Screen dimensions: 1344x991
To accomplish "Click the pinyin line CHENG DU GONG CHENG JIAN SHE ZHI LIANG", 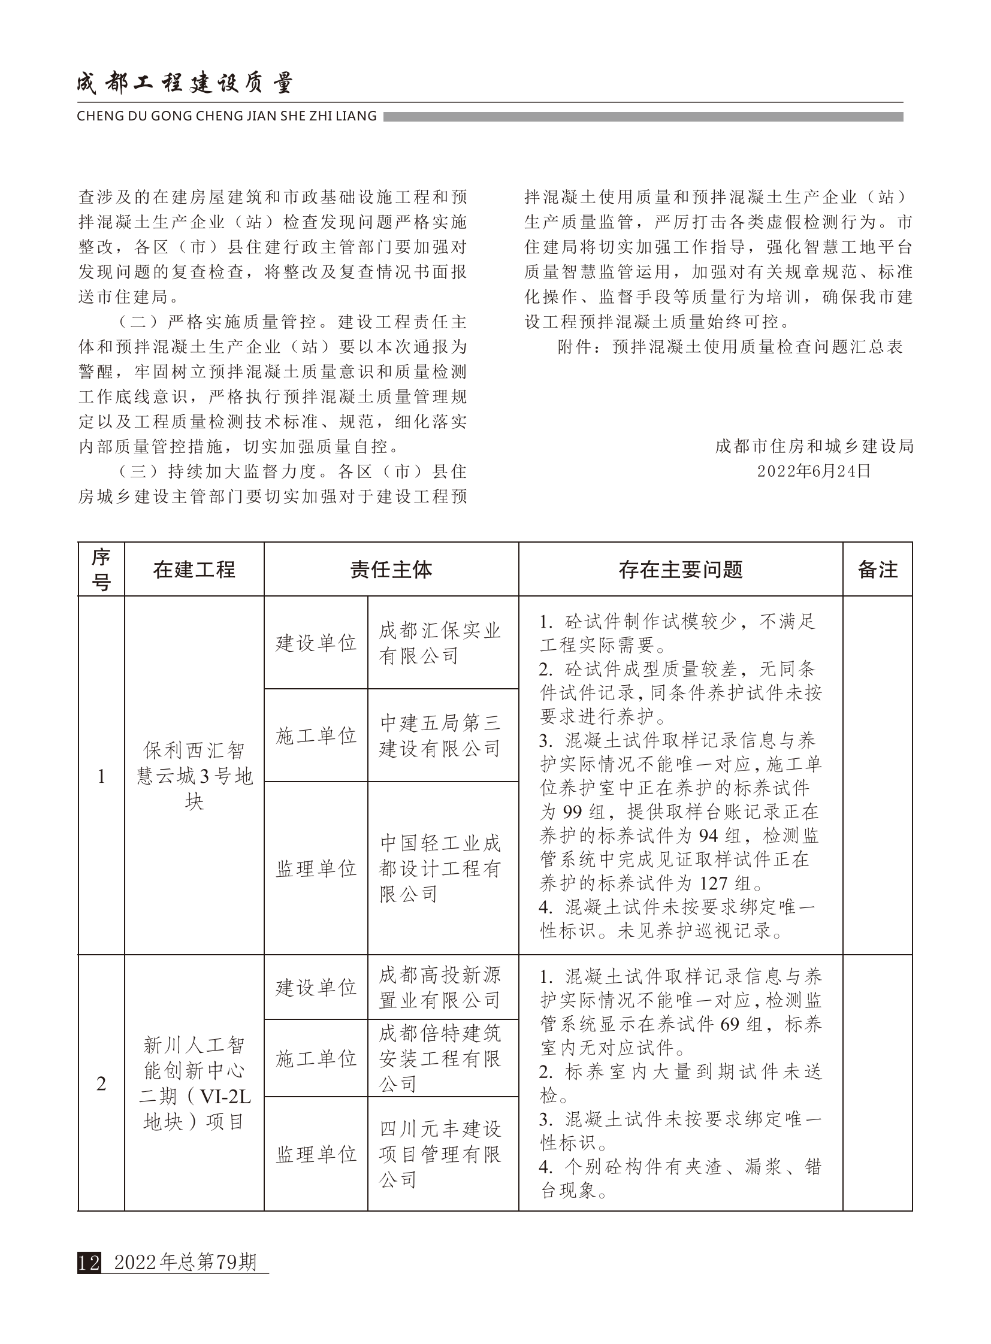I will coord(226,116).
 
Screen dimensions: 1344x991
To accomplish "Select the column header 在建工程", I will coord(194,570).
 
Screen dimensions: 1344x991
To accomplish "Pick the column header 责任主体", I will coord(391,570).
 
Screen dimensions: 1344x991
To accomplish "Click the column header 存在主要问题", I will coord(680,570).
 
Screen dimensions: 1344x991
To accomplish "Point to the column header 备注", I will coord(877,570).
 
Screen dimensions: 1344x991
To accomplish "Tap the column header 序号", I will coord(101,570).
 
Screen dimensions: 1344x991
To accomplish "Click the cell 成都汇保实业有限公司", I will coord(440,643).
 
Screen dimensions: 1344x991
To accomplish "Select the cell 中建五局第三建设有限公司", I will coord(440,736).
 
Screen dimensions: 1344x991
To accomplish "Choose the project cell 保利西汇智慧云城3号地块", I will coord(194,776).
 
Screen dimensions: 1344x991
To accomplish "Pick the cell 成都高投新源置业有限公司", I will coord(440,988).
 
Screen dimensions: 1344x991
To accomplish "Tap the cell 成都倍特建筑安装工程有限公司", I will coord(440,1058).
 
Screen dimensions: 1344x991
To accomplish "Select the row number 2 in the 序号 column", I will coord(101,1083).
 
